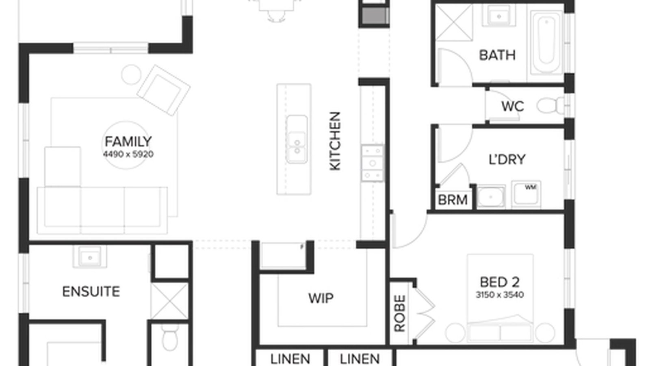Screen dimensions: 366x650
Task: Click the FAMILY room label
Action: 128,142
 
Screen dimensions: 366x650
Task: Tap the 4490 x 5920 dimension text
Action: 128,155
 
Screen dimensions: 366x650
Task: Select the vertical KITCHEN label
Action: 335,141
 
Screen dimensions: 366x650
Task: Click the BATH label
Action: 497,55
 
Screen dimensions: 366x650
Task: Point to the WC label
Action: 512,107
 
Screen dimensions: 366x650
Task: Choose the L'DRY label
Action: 507,159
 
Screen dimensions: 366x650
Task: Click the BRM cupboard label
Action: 453,200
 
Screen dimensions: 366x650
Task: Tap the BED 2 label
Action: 499,282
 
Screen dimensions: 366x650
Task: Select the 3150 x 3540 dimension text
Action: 499,294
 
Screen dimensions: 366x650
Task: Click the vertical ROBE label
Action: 400,313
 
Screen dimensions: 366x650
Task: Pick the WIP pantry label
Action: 321,298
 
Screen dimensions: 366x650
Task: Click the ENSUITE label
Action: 91,292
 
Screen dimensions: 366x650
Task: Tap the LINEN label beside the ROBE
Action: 360,359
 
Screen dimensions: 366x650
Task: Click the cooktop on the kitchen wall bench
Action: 372,163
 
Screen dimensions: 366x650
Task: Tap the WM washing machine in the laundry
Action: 526,193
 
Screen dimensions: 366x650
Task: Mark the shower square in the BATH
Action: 454,22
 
